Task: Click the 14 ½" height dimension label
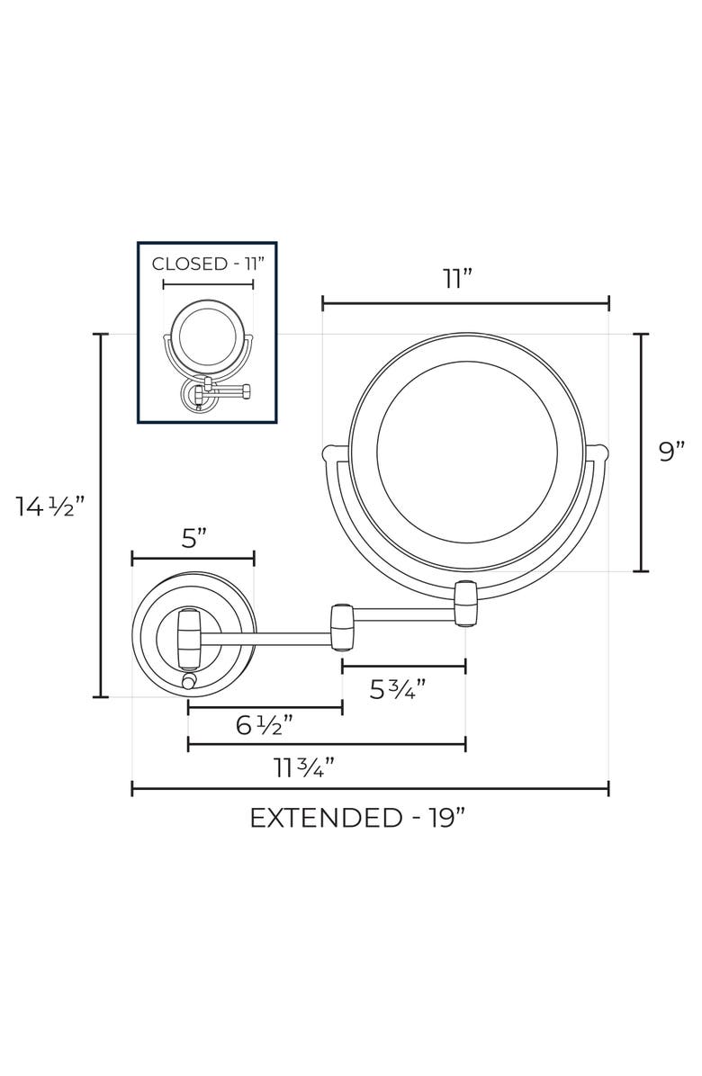(x=50, y=507)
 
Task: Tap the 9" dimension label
(x=671, y=452)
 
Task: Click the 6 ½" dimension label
(x=265, y=724)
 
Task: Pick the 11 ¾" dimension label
(x=305, y=767)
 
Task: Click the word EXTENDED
(x=326, y=818)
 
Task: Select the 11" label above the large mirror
(x=458, y=279)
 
